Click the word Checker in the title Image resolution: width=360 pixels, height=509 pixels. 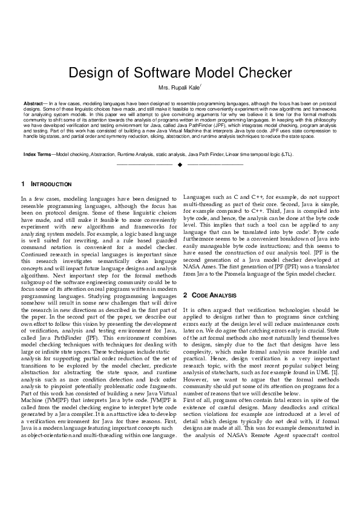(x=263, y=74)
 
